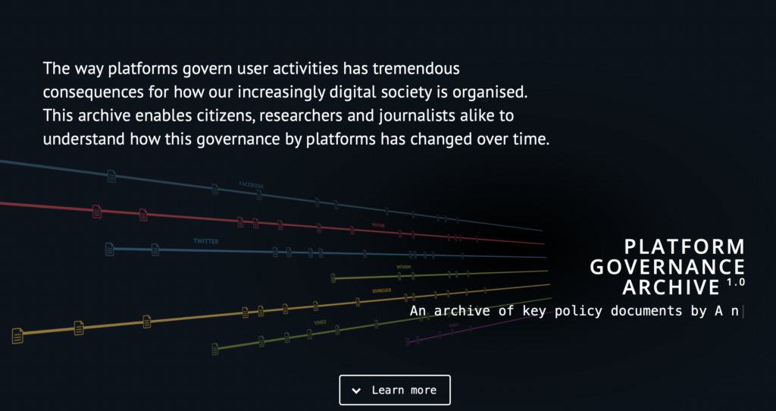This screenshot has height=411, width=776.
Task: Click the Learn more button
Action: (x=394, y=390)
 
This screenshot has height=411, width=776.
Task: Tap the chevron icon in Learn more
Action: (x=355, y=391)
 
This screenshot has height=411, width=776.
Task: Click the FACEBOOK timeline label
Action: (x=251, y=185)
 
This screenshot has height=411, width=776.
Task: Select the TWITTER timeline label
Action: (x=205, y=241)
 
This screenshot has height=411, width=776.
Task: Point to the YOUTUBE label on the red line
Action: (x=378, y=225)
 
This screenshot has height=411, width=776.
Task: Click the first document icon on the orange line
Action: (x=17, y=335)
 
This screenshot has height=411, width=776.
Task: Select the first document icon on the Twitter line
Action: (x=110, y=249)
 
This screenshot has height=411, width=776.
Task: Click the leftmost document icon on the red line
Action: (x=97, y=212)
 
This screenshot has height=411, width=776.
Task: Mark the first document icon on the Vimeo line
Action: (x=215, y=348)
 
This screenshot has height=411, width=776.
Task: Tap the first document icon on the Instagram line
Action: (x=333, y=278)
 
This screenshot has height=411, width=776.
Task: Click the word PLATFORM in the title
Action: (x=685, y=246)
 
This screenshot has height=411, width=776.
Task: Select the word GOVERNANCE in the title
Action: (x=667, y=267)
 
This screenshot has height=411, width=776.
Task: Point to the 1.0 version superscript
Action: (x=735, y=282)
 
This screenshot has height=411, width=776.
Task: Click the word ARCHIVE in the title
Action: (x=671, y=287)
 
